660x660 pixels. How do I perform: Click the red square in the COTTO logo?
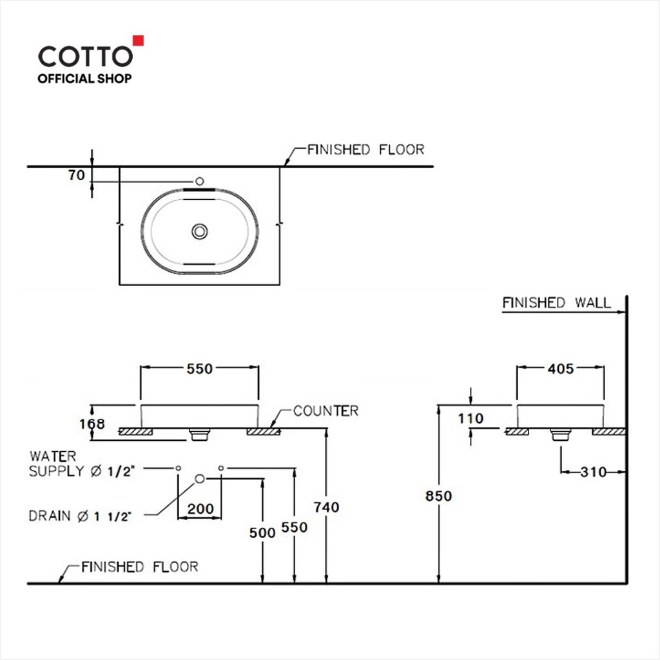pos(139,41)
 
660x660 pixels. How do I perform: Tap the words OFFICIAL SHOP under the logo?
pos(84,79)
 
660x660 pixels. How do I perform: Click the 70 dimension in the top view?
pos(77,175)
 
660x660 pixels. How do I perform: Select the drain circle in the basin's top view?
pos(200,231)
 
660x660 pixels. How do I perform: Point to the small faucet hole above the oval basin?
pos(200,181)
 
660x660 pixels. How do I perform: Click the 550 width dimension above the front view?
pos(200,369)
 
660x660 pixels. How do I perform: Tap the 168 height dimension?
pos(92,424)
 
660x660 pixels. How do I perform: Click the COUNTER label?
pos(325,411)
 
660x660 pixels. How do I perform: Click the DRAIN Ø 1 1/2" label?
pos(80,516)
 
